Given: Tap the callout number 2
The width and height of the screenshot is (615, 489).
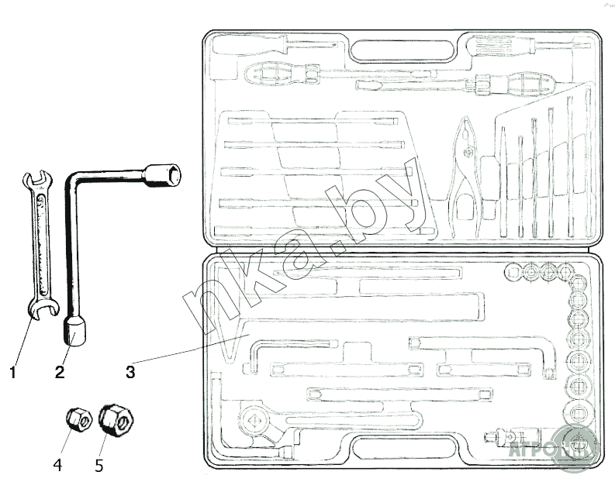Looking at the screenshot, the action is [60, 372].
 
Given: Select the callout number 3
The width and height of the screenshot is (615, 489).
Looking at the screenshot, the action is [130, 371].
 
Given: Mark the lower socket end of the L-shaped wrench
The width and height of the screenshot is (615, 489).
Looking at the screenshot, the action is [74, 332].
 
